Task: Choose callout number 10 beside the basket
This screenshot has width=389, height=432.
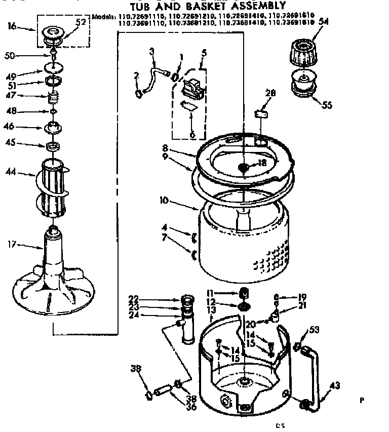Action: coord(163,201)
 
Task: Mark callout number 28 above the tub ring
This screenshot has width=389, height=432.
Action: coord(271,93)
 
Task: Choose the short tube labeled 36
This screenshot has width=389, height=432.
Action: coord(162,391)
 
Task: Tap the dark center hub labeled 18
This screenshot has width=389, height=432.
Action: coord(244,167)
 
